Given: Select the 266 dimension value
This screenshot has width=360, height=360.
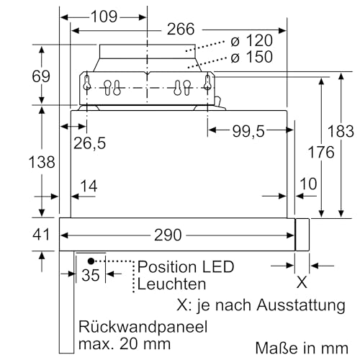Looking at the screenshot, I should [180, 30].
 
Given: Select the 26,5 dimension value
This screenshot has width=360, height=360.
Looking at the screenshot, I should [89, 143].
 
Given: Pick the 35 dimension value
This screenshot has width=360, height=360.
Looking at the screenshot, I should [91, 274].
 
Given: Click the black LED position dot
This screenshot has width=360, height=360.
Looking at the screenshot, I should [91, 260].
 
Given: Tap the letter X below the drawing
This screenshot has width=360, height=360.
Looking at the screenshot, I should [302, 281].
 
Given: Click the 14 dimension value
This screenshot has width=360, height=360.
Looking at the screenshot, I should [89, 186].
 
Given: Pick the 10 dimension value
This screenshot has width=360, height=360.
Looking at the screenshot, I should [308, 184].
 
